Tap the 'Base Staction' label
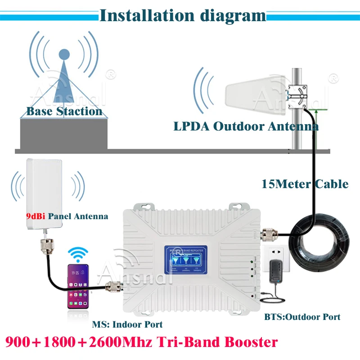(x=64, y=111)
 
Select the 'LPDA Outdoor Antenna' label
(x=246, y=126)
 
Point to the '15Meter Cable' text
(x=305, y=184)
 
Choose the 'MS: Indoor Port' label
(x=127, y=324)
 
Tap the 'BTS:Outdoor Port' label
(x=302, y=317)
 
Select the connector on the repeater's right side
(x=269, y=234)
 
